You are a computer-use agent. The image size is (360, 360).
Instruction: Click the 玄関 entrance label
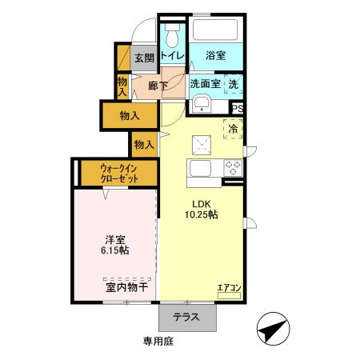(x=144, y=58)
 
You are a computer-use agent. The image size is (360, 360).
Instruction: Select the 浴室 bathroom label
(x=214, y=56)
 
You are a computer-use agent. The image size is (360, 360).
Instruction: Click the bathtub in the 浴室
(x=214, y=30)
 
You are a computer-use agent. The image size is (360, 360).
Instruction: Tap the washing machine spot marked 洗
(x=234, y=83)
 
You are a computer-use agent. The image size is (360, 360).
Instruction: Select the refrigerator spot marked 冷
(x=234, y=127)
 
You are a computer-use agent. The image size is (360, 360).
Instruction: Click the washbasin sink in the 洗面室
(x=201, y=104)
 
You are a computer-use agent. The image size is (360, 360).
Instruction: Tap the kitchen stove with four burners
(x=233, y=168)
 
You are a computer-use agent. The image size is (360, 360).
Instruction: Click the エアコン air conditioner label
(x=229, y=288)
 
